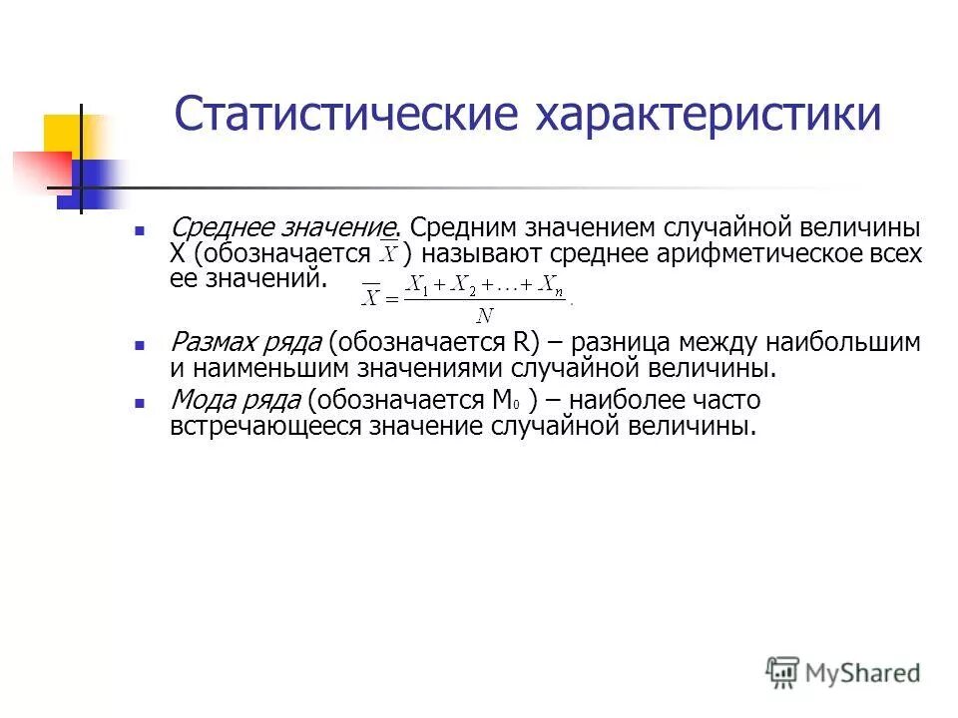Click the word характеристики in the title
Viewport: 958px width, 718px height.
[x=710, y=114]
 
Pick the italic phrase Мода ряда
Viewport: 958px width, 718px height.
[x=237, y=401]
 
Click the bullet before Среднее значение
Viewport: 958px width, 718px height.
[x=141, y=229]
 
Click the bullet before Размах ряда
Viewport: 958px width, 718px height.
[x=141, y=344]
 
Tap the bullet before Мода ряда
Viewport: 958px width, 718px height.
[x=141, y=402]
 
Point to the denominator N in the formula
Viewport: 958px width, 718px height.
[x=485, y=316]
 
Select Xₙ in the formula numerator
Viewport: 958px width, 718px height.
[x=552, y=285]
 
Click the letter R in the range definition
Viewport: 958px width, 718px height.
[x=522, y=343]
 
